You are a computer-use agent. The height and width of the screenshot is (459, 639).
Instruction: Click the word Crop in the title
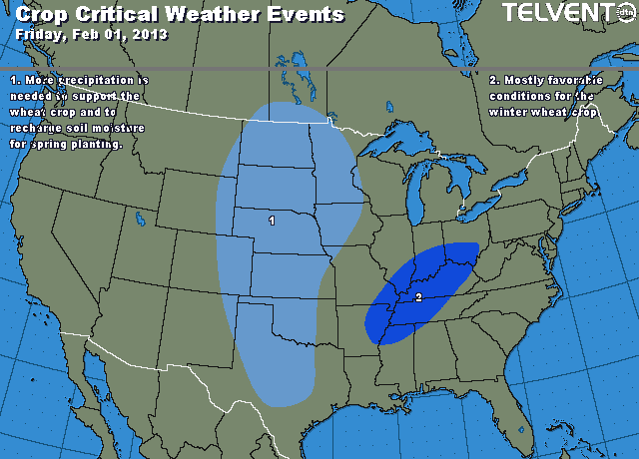(41, 14)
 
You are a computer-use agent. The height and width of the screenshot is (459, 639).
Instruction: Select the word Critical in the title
(117, 14)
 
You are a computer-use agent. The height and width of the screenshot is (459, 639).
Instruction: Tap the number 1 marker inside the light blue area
(272, 220)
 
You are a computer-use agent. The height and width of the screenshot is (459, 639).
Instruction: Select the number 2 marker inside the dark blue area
(418, 297)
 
